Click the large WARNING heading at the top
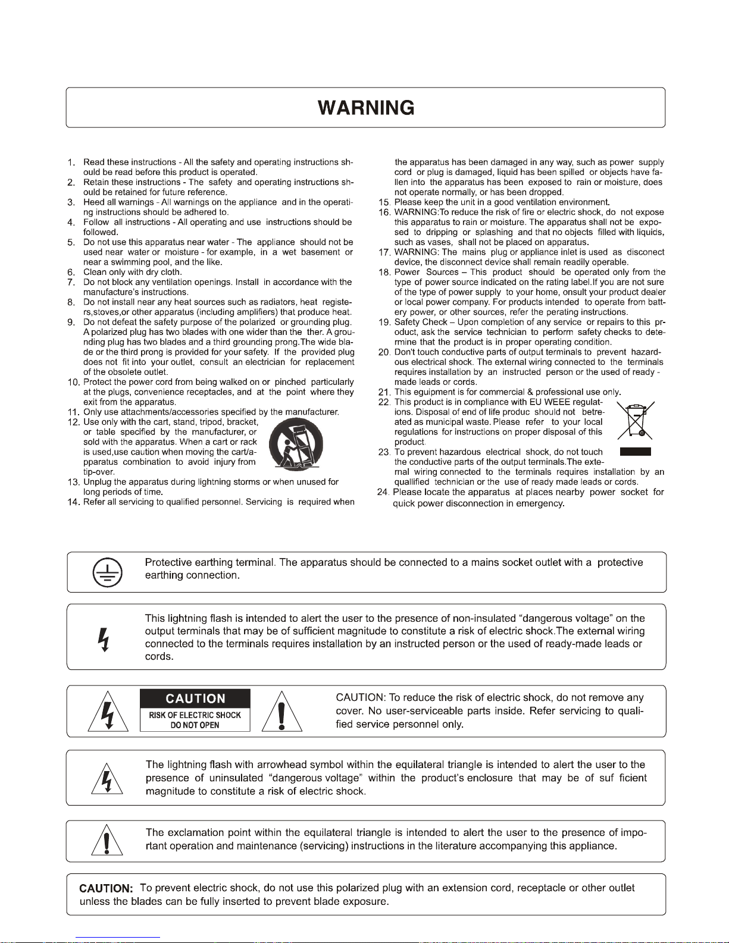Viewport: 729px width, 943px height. [x=365, y=108]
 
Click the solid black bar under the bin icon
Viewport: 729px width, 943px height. [x=635, y=452]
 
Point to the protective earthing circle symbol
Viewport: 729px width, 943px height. [x=107, y=571]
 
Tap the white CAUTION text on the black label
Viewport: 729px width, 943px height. [x=195, y=698]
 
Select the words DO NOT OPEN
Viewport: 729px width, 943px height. [x=195, y=725]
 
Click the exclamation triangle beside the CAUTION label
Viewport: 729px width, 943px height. [x=282, y=712]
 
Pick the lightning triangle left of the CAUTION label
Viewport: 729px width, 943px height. [x=108, y=712]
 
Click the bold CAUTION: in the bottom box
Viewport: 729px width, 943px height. [x=106, y=889]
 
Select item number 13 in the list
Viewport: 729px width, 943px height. [x=74, y=483]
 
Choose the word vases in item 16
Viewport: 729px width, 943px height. [x=440, y=242]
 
